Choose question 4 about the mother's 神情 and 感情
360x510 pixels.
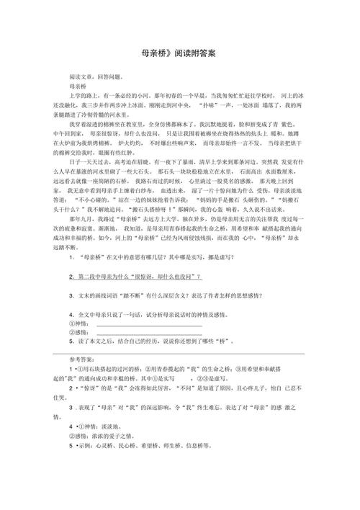158,334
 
